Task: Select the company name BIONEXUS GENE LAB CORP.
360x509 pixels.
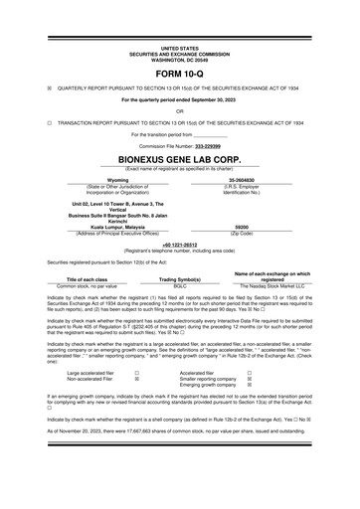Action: (180, 158)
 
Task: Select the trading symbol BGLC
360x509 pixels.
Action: (180, 285)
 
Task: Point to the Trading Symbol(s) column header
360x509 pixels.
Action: (180, 279)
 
